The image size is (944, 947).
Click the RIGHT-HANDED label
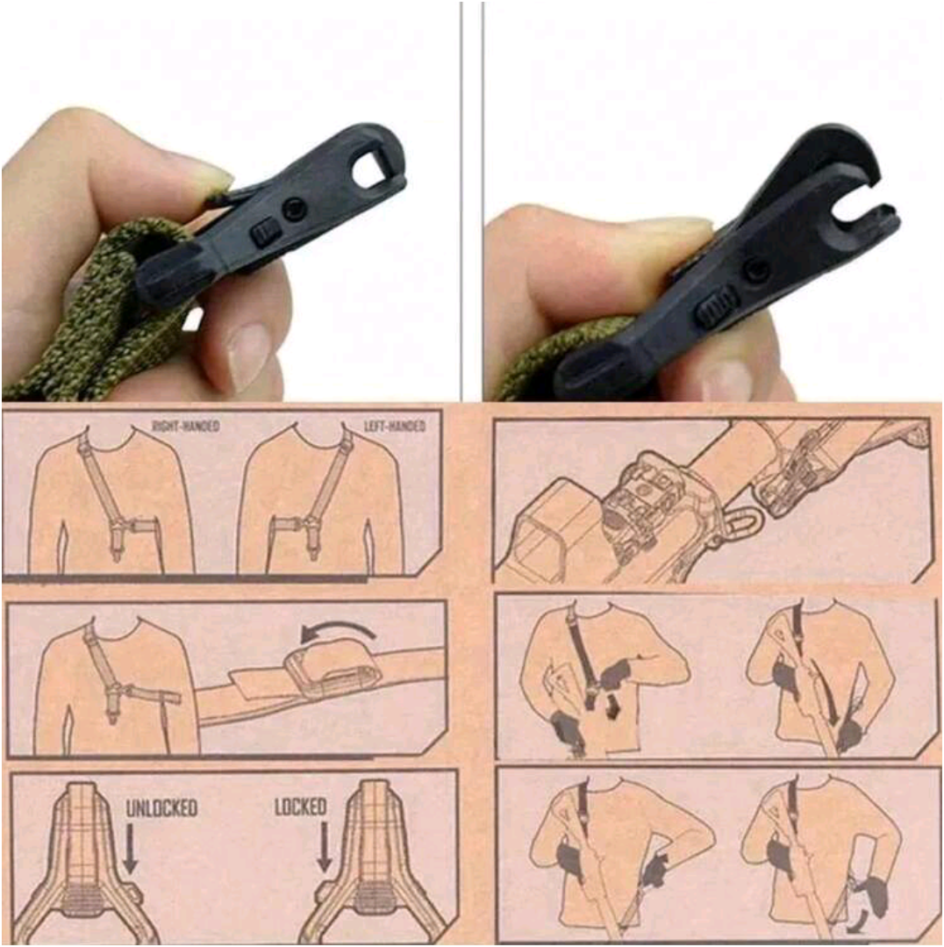point(186,426)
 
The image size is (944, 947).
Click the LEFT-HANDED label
point(395,426)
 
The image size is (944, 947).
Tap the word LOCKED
point(300,807)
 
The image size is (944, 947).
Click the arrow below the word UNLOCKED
point(130,850)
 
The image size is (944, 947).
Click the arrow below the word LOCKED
point(324,850)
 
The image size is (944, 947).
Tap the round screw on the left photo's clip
point(296,208)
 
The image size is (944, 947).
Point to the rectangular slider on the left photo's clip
point(262,233)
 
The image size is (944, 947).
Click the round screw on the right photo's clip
point(756,270)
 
